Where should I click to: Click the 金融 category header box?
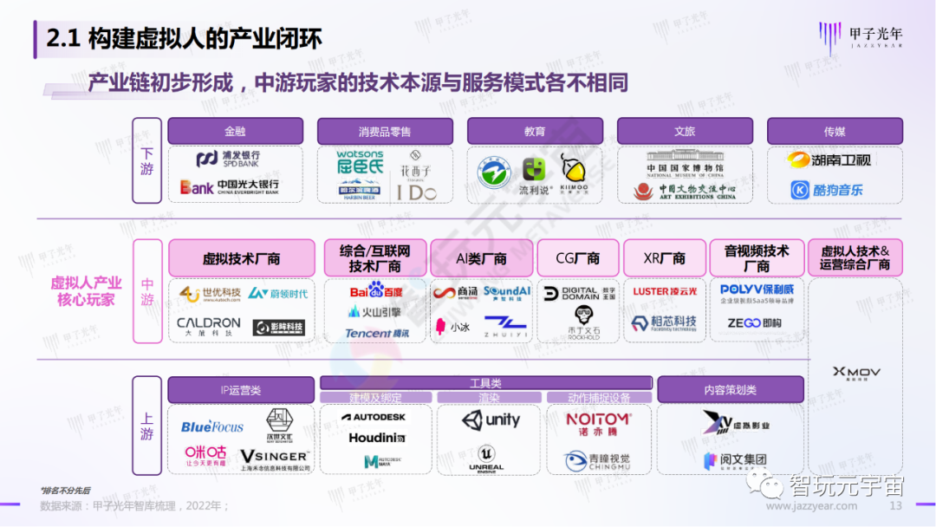(x=235, y=132)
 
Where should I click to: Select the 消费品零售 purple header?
(x=385, y=132)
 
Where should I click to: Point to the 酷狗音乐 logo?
(x=827, y=190)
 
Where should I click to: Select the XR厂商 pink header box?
(x=666, y=258)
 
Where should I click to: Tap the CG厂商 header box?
(x=578, y=258)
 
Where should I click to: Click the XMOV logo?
(x=855, y=373)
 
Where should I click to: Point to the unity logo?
(x=491, y=421)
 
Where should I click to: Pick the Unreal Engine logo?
(x=486, y=459)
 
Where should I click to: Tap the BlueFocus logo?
(x=212, y=426)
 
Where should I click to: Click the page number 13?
(x=896, y=506)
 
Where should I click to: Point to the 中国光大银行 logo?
(x=230, y=186)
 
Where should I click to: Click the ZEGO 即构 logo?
(x=750, y=322)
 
